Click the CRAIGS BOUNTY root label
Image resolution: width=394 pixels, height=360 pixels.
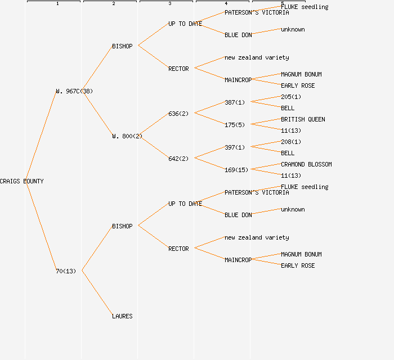pyautogui.click(x=21, y=181)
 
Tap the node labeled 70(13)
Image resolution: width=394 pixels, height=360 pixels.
pyautogui.click(x=66, y=271)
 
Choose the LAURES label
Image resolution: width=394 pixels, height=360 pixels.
pyautogui.click(x=122, y=316)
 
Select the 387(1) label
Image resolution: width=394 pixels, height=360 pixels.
pyautogui.click(x=235, y=102)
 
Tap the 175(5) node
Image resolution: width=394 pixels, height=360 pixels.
pyautogui.click(x=235, y=125)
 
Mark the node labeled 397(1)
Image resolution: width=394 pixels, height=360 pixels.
pyautogui.click(x=235, y=147)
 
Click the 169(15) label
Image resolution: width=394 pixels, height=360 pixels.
pyautogui.click(x=236, y=170)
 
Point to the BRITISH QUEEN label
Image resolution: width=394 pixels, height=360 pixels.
pyautogui.click(x=303, y=119)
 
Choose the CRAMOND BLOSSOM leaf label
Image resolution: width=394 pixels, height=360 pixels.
pyautogui.click(x=306, y=164)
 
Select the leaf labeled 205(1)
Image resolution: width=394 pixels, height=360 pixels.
pyautogui.click(x=291, y=97)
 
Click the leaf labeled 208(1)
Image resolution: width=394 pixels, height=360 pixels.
pyautogui.click(x=291, y=142)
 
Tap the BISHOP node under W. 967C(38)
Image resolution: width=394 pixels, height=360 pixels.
pyautogui.click(x=122, y=46)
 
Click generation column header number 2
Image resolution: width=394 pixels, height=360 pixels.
pyautogui.click(x=113, y=3)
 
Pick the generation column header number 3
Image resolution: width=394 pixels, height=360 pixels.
pyautogui.click(x=169, y=3)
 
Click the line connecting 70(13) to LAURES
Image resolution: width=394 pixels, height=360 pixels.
pyautogui.click(x=97, y=293)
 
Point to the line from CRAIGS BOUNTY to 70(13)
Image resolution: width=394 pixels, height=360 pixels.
pyautogui.click(x=41, y=226)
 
